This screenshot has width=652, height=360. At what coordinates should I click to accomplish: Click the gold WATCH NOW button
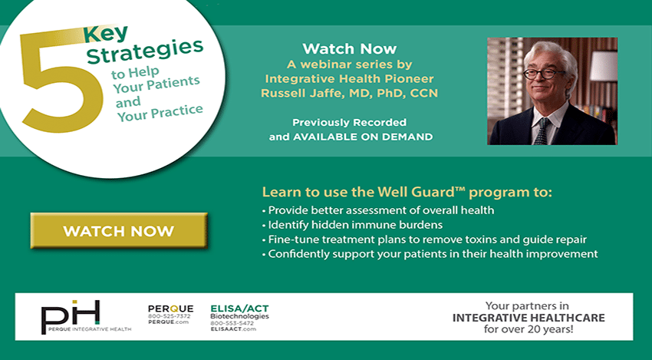point(119,230)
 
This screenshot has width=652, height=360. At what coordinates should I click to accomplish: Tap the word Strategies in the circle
point(145,52)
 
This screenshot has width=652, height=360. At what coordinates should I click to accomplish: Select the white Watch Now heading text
point(349,48)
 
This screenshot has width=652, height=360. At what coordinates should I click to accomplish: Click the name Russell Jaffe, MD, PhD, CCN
point(349,93)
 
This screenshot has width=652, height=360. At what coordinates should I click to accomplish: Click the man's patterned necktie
point(541,131)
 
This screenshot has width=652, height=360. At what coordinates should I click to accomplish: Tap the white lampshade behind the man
point(604,66)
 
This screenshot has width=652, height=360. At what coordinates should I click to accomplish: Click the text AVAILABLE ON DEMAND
point(363,137)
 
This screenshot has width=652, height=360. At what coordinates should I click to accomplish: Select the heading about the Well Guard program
point(407,192)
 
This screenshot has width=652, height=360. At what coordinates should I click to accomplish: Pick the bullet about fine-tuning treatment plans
point(424,239)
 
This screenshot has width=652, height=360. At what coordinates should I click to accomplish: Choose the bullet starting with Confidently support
point(430,254)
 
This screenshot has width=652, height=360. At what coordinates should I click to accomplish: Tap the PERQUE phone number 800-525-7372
point(170,316)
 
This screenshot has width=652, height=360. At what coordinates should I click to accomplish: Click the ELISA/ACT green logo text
point(239,309)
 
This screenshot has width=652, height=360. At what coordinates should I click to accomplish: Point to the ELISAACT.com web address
point(233,329)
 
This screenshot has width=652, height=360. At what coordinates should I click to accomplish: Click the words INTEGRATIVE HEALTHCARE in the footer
point(529,318)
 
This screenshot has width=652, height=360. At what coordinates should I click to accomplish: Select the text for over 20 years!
point(529,329)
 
